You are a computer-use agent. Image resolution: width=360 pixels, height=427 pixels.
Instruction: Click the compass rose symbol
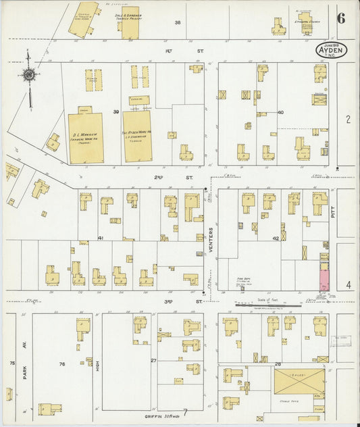click(x=29, y=74)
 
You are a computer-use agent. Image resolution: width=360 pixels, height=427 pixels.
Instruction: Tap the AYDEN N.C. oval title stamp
click(x=330, y=49)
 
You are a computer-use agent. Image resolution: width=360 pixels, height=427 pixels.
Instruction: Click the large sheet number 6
click(x=341, y=18)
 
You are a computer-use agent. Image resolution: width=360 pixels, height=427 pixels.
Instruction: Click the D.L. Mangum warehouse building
click(x=85, y=138)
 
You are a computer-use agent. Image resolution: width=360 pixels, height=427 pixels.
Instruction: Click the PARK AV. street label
click(x=23, y=367)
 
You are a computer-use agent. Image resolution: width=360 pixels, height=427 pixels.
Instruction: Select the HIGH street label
click(x=97, y=366)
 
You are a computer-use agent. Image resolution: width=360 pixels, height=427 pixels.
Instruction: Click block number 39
click(x=116, y=111)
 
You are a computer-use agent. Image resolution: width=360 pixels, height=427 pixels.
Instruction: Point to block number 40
click(x=280, y=112)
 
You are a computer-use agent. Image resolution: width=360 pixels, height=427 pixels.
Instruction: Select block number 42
click(x=276, y=238)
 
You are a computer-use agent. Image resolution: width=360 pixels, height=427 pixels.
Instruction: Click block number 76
click(x=61, y=364)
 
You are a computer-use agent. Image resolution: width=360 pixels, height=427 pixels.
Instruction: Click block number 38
click(x=178, y=22)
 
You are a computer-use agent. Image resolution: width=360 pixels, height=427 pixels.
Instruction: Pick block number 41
click(x=101, y=238)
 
